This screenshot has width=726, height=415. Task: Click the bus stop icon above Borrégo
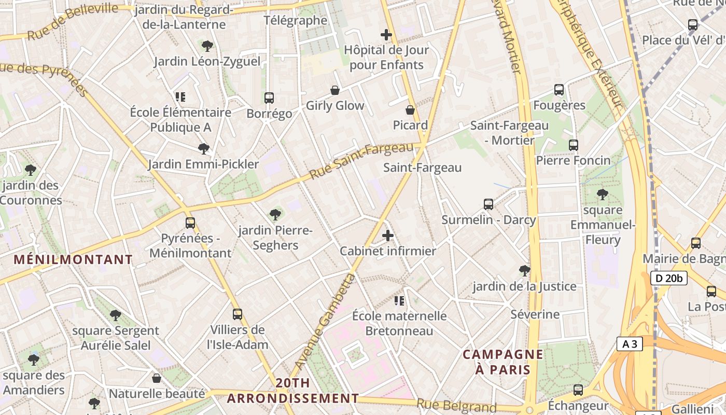point(269,98)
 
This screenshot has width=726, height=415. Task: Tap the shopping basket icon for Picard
point(410,110)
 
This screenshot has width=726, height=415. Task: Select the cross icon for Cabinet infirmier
point(388,236)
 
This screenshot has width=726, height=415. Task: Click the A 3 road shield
point(630,343)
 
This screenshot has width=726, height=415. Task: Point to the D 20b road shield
point(669,278)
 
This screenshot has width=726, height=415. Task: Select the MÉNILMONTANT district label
point(73,259)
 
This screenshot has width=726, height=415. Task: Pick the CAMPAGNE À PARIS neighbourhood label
point(503,362)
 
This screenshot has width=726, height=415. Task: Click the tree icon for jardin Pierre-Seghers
point(275,214)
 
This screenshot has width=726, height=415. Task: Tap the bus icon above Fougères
point(559,90)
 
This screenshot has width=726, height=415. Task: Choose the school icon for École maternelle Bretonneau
point(399,300)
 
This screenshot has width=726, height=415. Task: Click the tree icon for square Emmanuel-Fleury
point(602,195)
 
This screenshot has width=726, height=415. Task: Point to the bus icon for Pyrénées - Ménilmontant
point(190,223)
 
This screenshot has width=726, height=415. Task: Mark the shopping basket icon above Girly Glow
point(335,90)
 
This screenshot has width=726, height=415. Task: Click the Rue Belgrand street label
point(456,406)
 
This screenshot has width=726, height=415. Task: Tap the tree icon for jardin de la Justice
point(524,270)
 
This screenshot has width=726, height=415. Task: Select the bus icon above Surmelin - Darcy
point(488,204)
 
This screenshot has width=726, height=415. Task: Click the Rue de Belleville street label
point(73,21)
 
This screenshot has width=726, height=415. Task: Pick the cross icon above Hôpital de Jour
point(386,35)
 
